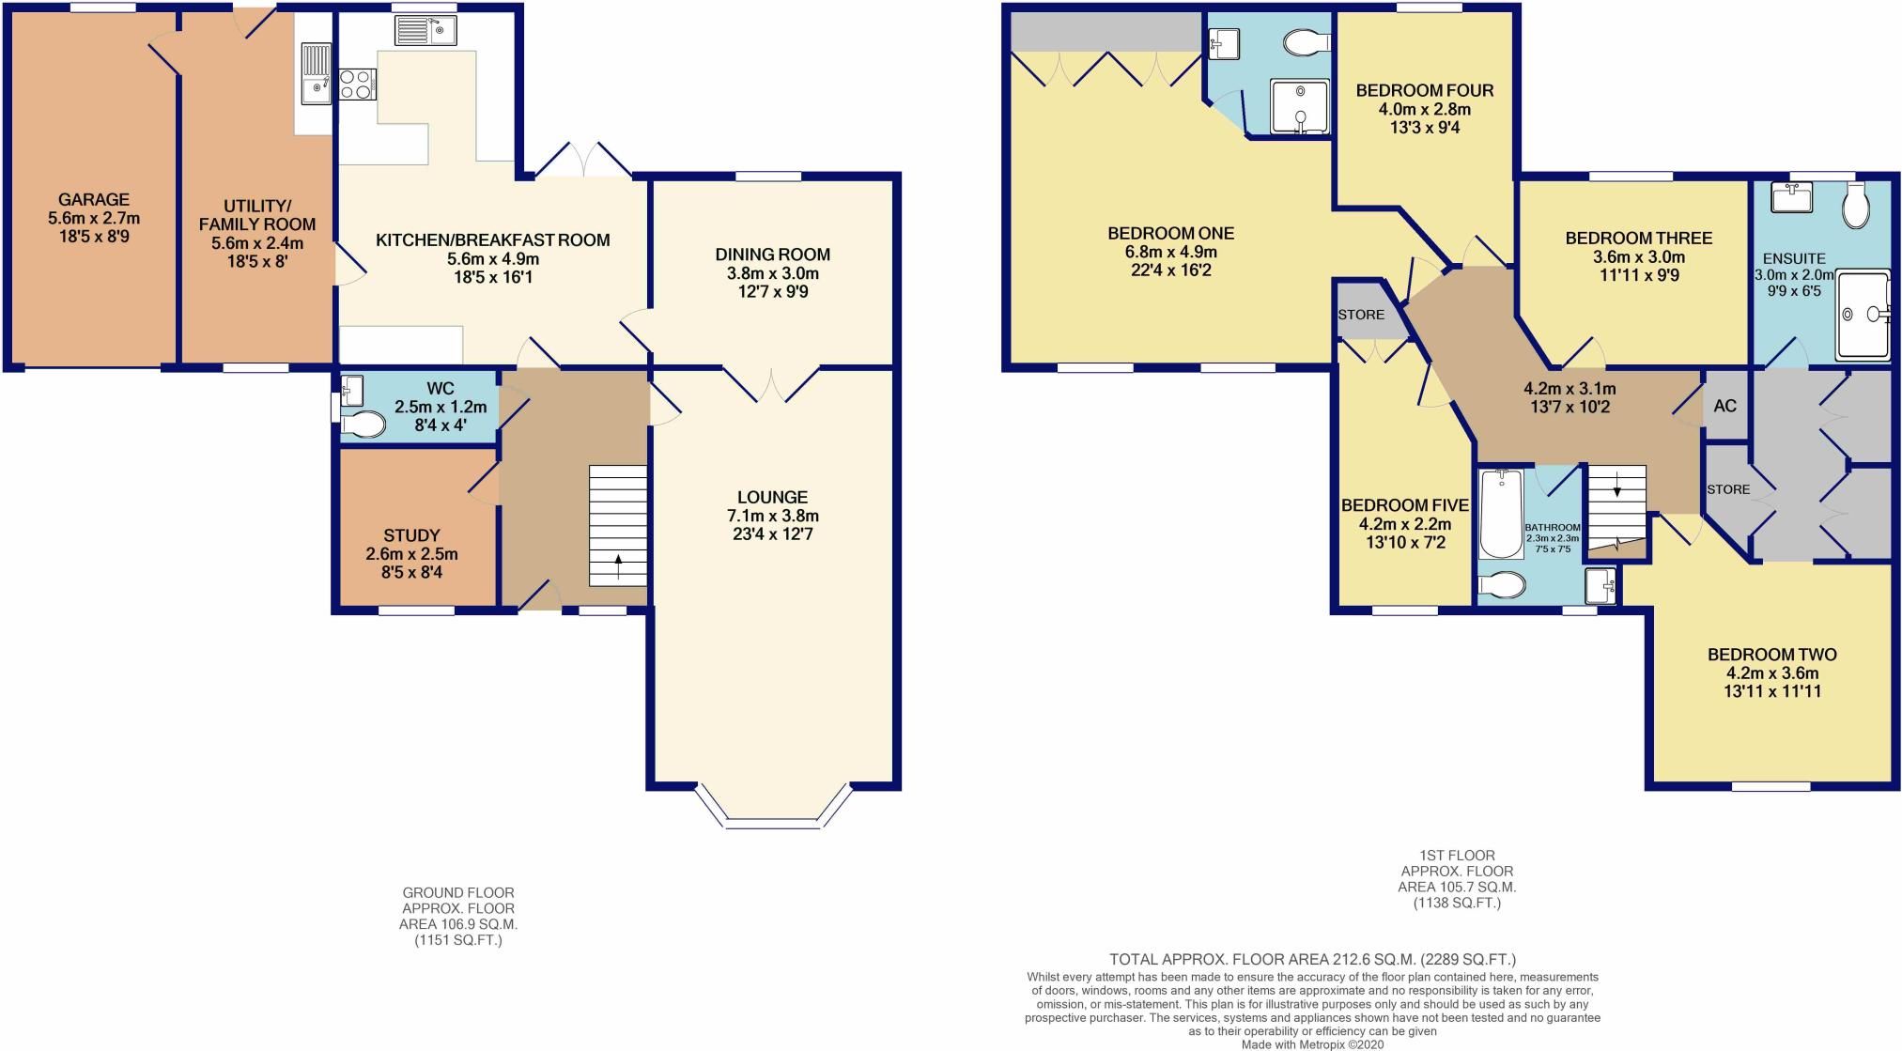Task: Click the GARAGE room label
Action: pos(93,200)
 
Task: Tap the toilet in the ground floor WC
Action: pos(363,425)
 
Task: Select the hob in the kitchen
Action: pos(357,85)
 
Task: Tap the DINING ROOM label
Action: pos(772,255)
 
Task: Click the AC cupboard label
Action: pos(1724,406)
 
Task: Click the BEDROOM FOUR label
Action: pos(1424,91)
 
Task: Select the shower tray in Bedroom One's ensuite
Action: pos(1300,107)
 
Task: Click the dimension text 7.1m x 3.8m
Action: pos(772,516)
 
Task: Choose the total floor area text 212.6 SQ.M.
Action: pos(1312,960)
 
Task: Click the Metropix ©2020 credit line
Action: pos(1312,1044)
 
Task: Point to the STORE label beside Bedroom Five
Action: pos(1361,315)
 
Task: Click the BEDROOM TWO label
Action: pos(1771,655)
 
